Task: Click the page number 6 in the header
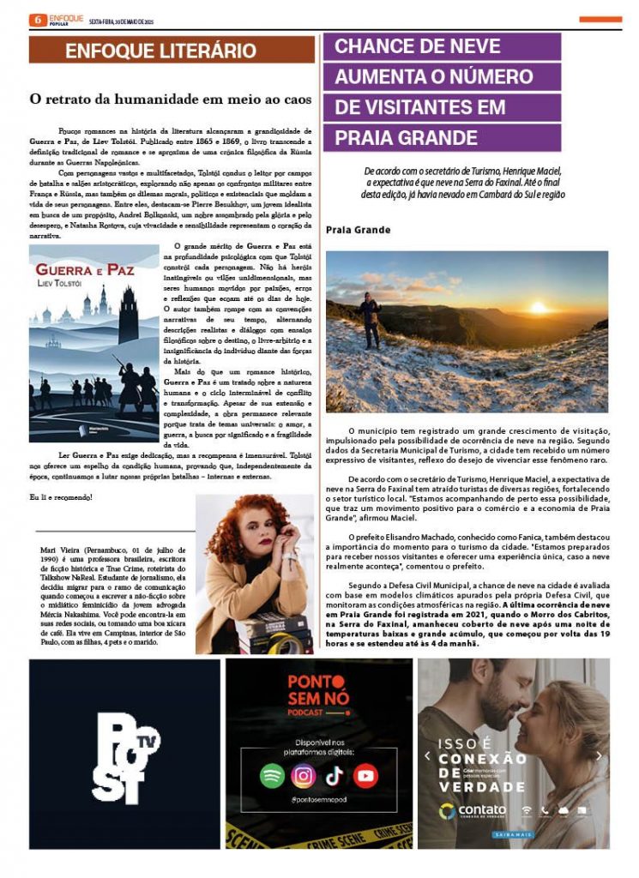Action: pos(37,20)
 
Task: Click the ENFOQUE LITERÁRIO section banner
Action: pos(160,51)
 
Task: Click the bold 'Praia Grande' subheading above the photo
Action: pos(358,230)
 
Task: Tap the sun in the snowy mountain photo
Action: pos(538,306)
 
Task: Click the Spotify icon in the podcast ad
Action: pos(272,776)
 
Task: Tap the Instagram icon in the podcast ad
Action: pos(303,776)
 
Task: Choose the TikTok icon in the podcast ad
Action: pos(334,776)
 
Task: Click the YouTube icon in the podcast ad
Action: pos(365,776)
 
